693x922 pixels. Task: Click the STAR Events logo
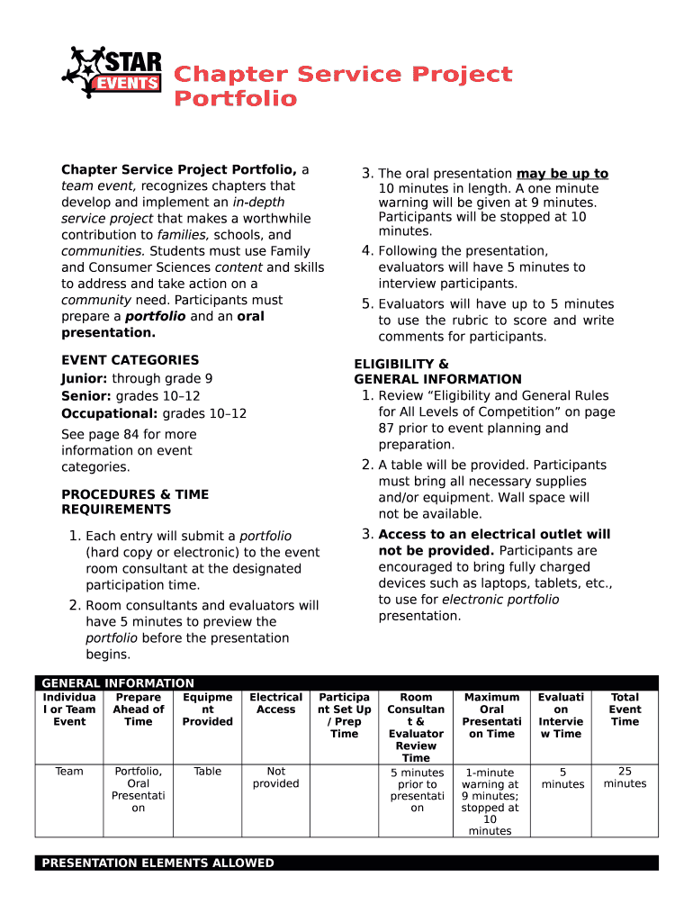[x=112, y=73]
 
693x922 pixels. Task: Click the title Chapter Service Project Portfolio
[x=342, y=86]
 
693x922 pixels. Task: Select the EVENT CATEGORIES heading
[x=130, y=359]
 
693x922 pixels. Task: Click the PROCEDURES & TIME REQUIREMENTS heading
[x=134, y=502]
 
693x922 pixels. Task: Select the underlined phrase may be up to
[x=562, y=173]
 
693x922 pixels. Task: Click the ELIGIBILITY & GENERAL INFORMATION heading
[x=437, y=372]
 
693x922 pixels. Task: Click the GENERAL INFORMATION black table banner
[x=346, y=682]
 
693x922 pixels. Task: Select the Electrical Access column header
[x=275, y=703]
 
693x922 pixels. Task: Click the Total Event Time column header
[x=625, y=710]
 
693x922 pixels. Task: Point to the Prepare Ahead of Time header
[x=139, y=710]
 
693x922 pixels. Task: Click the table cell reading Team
[x=69, y=772]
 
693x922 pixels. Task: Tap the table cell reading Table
[x=207, y=772]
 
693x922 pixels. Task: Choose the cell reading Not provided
[x=275, y=778]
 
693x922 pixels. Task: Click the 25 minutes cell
[x=625, y=778]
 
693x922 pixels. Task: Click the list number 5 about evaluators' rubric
[x=367, y=304]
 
